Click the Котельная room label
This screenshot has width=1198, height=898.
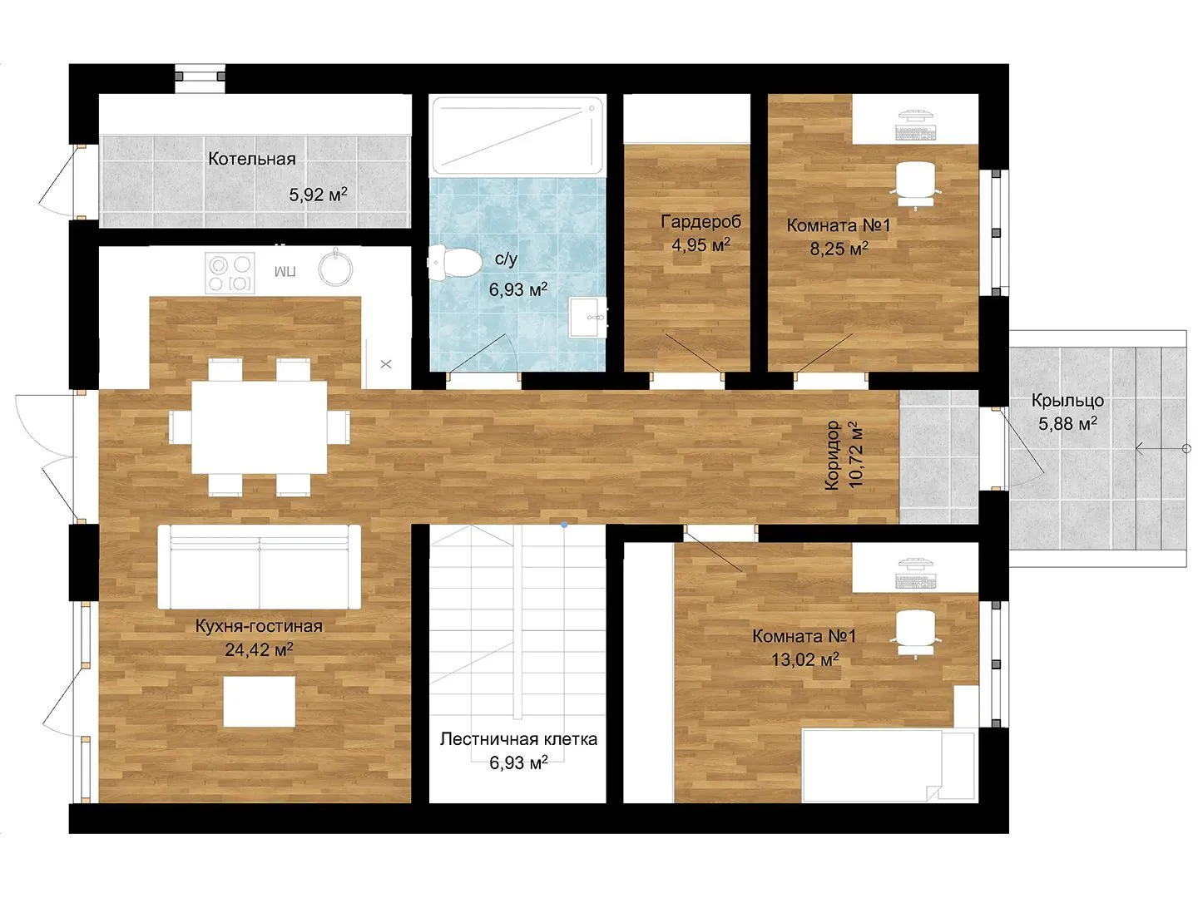pos(251,159)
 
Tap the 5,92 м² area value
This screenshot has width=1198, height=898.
pos(318,194)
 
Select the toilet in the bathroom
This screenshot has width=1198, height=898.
pos(454,262)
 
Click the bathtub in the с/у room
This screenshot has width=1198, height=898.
pos(517,136)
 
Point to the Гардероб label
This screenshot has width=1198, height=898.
pos(700,221)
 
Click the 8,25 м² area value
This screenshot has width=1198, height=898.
pos(839,249)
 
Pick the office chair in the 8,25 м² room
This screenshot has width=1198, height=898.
pos(916,185)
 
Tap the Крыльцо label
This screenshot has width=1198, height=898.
pos(1067,401)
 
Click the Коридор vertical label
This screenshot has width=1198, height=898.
pos(832,456)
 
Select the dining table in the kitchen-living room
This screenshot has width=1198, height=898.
pos(260,427)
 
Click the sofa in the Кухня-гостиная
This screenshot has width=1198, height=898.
pos(260,566)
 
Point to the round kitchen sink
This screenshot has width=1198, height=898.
pos(335,268)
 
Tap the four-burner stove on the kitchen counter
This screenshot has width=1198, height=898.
pos(230,273)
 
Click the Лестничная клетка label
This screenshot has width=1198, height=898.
pos(518,739)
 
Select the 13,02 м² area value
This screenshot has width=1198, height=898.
pos(805,659)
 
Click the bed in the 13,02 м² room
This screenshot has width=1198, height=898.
pos(889,766)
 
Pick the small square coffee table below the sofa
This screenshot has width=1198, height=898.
pos(260,702)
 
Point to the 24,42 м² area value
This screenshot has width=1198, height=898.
pos(260,649)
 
